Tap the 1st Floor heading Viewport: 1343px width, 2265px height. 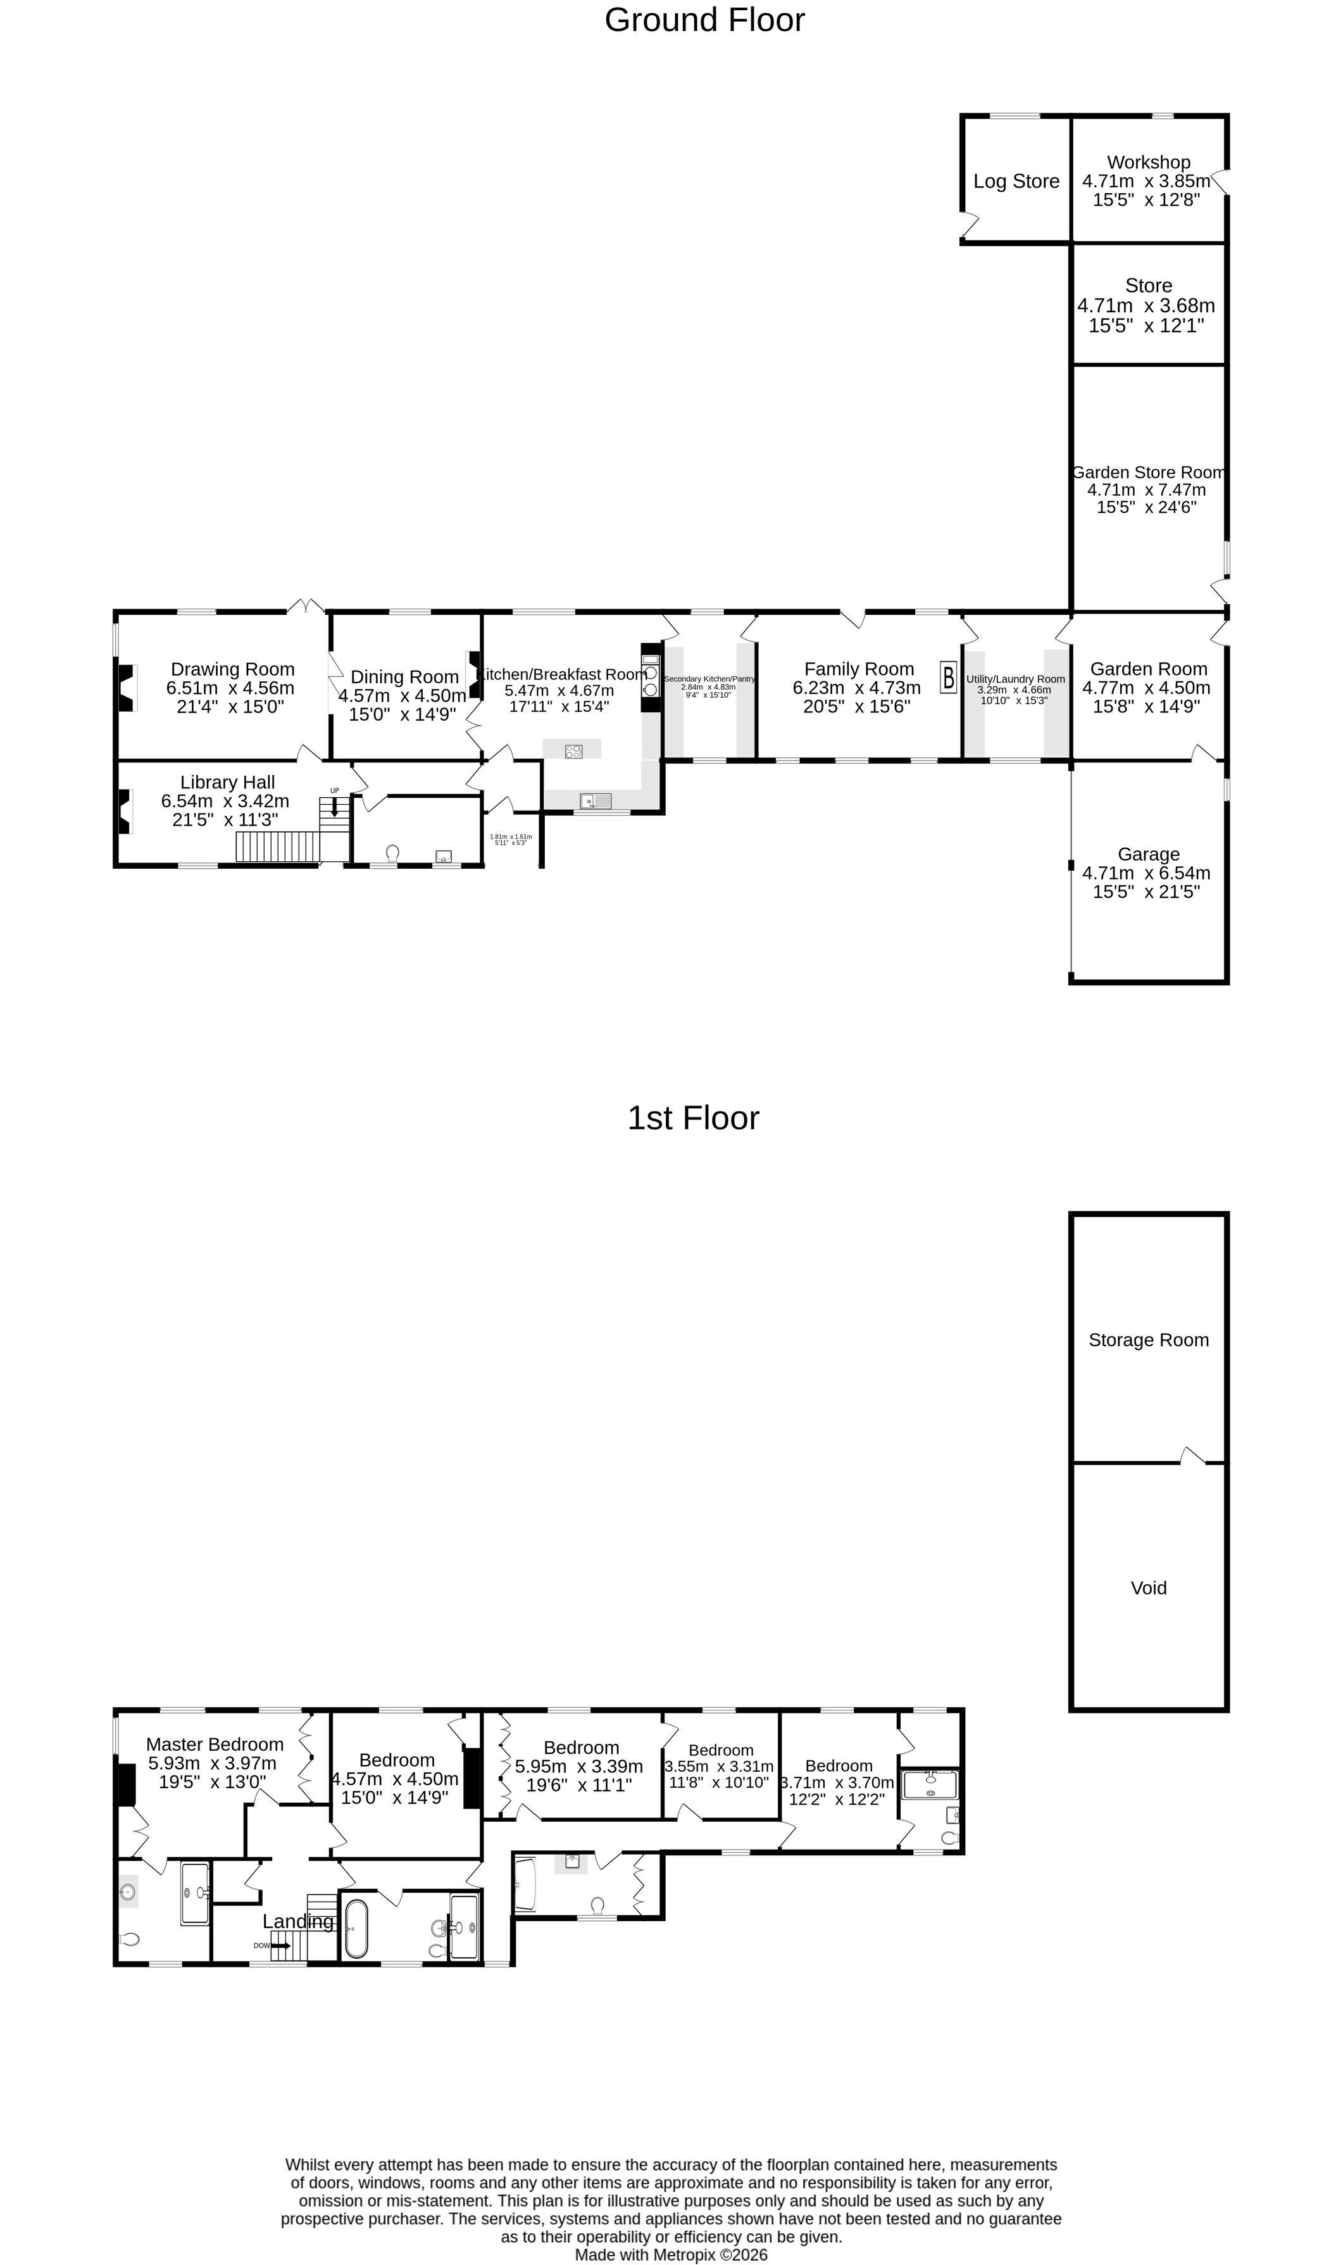coord(693,1118)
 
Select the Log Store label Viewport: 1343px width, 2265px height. coord(1016,181)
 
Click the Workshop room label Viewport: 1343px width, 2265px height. coord(1149,162)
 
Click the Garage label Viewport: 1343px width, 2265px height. coord(1149,854)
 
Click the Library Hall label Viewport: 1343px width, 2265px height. coord(227,782)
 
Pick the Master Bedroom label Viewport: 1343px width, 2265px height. coord(215,1744)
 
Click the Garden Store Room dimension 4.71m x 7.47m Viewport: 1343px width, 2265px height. coord(1147,489)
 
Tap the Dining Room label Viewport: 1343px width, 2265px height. coord(404,677)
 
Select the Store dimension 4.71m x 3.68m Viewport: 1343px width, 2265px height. coord(1146,306)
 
